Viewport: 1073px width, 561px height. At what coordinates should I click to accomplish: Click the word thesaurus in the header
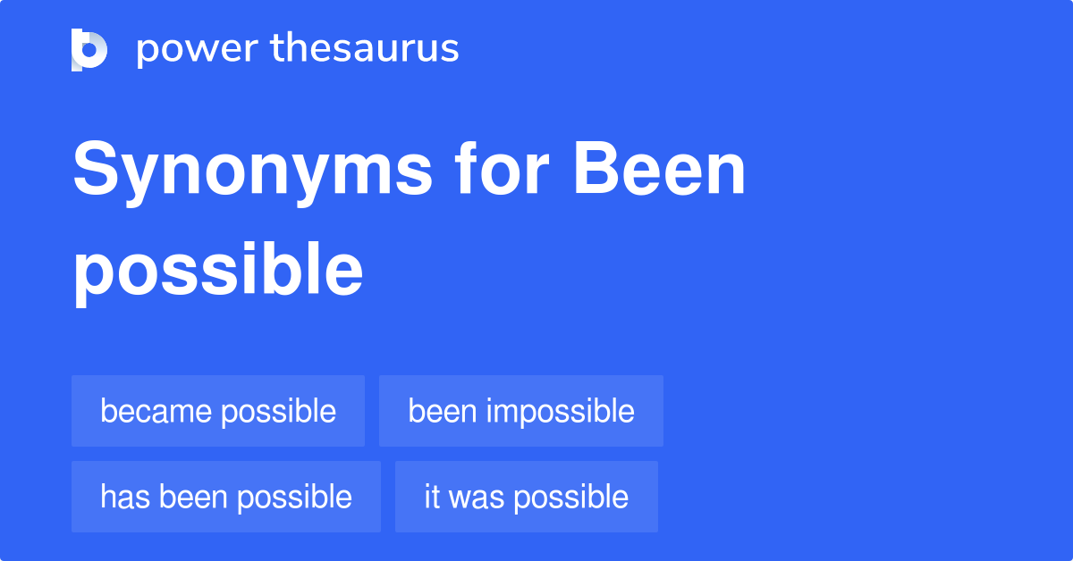click(x=366, y=48)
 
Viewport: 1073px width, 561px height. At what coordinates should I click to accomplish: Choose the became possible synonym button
click(x=218, y=411)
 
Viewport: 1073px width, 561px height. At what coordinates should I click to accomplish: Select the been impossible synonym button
click(x=521, y=411)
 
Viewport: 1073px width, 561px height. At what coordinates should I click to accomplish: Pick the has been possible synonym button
click(x=226, y=497)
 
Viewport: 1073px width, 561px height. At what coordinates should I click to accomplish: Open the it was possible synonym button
click(x=526, y=497)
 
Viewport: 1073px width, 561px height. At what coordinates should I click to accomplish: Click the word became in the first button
click(x=156, y=411)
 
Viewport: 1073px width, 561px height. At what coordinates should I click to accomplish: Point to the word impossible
click(x=561, y=411)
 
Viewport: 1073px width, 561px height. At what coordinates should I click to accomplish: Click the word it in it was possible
click(x=432, y=497)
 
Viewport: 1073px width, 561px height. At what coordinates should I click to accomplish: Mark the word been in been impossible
click(x=443, y=411)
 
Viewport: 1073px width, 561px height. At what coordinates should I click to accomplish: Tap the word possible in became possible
click(x=279, y=411)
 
